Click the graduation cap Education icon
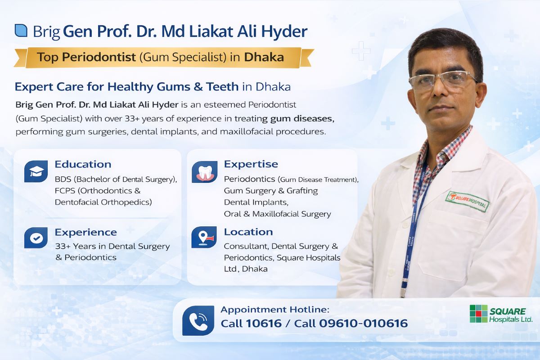pos(36,171)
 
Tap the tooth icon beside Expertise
pos(204,171)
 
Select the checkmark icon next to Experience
pos(36,238)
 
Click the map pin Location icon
pos(204,237)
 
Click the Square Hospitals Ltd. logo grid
pos(478,314)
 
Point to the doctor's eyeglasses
pos(443,81)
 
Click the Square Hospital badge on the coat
pos(468,201)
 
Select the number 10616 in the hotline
pos(263,323)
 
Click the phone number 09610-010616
pos(363,323)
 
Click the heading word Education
pos(83,164)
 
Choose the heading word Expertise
pos(251,164)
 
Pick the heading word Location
pos(248,232)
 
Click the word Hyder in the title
pos(286,31)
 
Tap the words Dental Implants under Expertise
pos(256,202)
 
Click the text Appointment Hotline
pos(275,310)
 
